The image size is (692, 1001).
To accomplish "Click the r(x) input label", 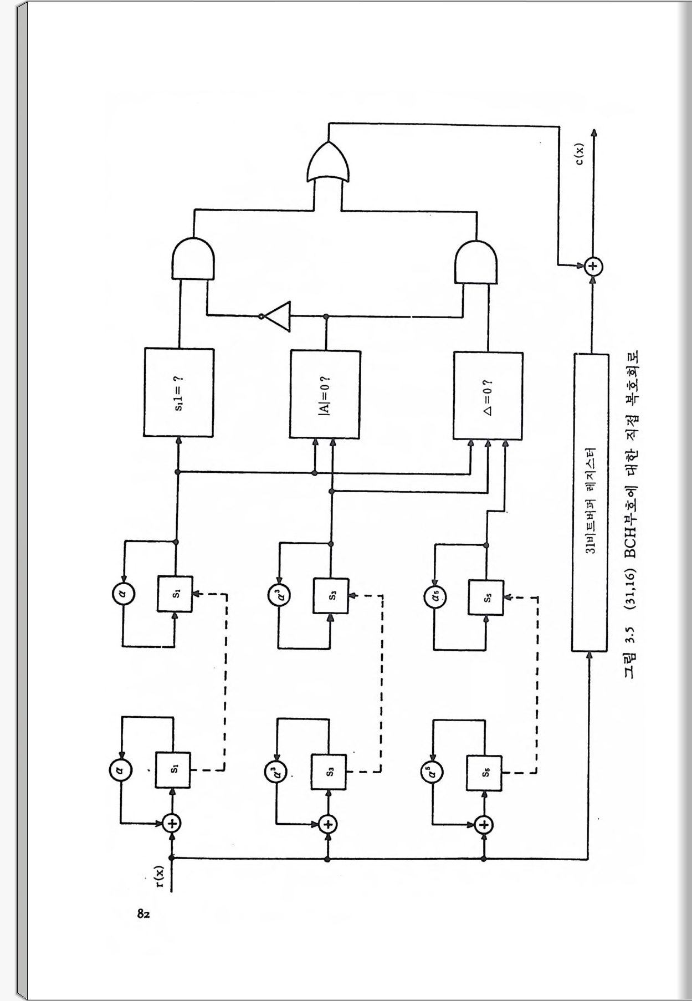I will tap(160, 876).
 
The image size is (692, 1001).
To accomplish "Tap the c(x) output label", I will tap(578, 154).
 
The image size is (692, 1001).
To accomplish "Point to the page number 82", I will tap(143, 913).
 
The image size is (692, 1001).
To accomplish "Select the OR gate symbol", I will tap(329, 162).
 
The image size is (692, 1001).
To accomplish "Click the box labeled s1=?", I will tap(179, 392).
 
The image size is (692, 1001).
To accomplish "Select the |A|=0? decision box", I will tap(325, 394).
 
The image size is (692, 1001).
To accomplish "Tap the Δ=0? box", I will tap(488, 395).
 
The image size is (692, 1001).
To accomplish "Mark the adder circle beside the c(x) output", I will tap(593, 267).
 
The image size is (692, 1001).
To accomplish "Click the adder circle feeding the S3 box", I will tap(329, 824).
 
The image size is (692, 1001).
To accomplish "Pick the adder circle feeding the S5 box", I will tap(484, 825).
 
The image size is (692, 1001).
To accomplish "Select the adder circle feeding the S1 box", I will tap(173, 823).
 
